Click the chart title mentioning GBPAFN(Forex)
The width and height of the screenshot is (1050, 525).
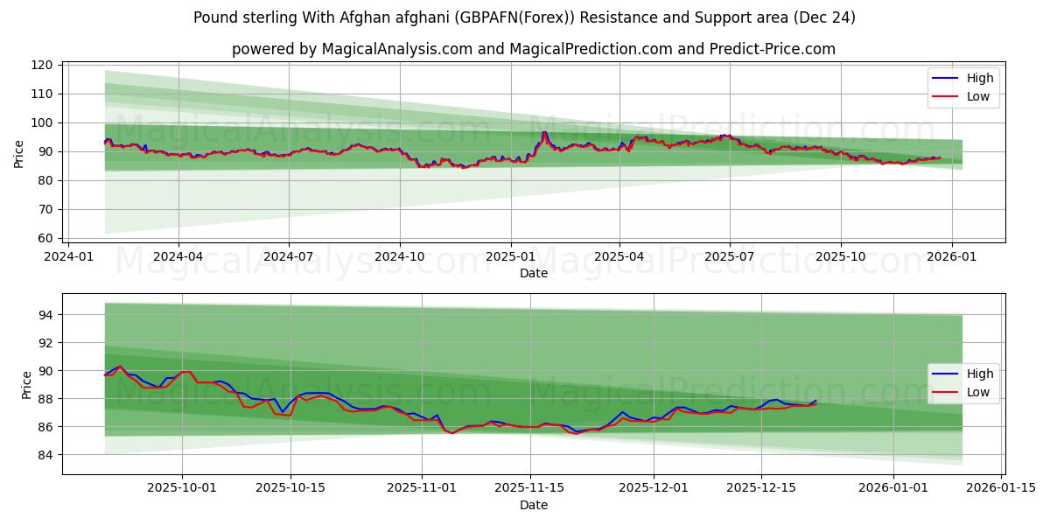(525, 17)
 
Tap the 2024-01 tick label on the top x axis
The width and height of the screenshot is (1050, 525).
(68, 256)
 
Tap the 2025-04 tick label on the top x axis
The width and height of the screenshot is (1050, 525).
(619, 256)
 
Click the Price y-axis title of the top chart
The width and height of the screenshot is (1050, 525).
(19, 154)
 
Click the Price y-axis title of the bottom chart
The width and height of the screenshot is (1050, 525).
(25, 384)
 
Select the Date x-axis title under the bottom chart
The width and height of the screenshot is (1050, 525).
(534, 505)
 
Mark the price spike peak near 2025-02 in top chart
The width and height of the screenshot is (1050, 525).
(544, 132)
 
